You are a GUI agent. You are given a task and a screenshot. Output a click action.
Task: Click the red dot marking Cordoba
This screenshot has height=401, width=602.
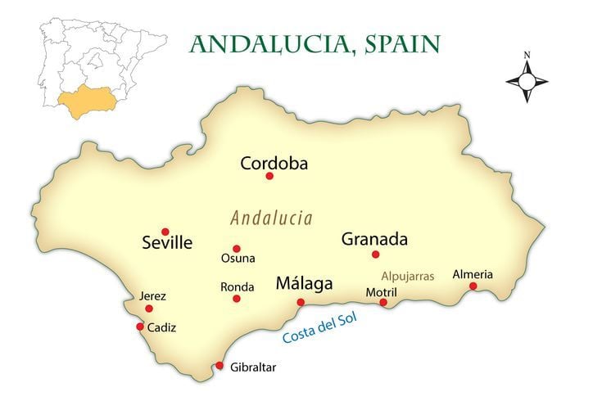[x=269, y=176]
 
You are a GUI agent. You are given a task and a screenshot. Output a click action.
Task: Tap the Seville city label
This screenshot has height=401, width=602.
[x=167, y=243]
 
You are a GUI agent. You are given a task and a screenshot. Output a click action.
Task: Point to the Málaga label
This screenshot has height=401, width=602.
[x=304, y=284]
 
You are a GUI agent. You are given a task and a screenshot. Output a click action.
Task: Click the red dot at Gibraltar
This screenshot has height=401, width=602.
[x=220, y=366]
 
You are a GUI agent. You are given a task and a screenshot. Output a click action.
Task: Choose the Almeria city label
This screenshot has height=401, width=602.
[x=473, y=274]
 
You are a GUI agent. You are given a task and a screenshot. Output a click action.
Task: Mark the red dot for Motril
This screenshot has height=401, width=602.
[x=383, y=303]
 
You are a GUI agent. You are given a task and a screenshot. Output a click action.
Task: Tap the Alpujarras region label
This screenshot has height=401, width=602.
[x=407, y=276]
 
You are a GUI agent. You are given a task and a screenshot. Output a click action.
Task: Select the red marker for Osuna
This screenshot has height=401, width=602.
[x=237, y=249]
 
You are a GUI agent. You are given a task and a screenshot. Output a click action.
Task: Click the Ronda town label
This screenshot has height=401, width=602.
[x=237, y=287]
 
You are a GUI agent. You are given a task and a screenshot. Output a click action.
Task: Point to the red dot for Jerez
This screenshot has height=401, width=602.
[x=149, y=309]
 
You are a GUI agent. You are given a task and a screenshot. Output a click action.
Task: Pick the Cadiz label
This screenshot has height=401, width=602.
[x=161, y=327]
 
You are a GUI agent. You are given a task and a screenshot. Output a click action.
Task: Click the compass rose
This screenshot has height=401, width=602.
[x=527, y=81]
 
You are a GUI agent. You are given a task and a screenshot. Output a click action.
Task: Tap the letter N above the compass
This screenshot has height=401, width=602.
[x=527, y=56]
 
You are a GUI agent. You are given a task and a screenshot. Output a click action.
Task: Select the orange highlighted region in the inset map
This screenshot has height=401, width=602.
[x=85, y=103]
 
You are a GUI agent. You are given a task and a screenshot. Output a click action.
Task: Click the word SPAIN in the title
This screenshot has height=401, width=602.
[x=398, y=43]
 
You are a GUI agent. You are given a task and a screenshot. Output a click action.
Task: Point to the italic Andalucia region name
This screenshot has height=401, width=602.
[x=271, y=219]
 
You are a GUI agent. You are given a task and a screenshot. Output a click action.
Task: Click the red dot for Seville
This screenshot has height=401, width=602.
[x=165, y=232]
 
